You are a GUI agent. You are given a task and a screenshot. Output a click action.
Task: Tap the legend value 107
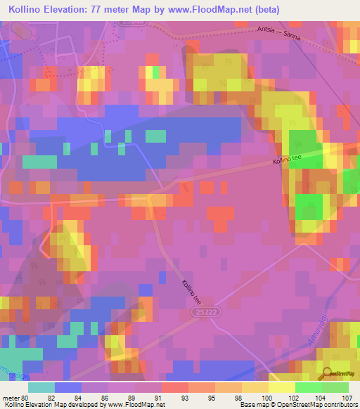click(347, 398)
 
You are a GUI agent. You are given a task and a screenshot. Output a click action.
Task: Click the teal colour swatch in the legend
click(41, 387)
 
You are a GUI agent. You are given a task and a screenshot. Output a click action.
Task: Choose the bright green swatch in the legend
click(308, 387)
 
